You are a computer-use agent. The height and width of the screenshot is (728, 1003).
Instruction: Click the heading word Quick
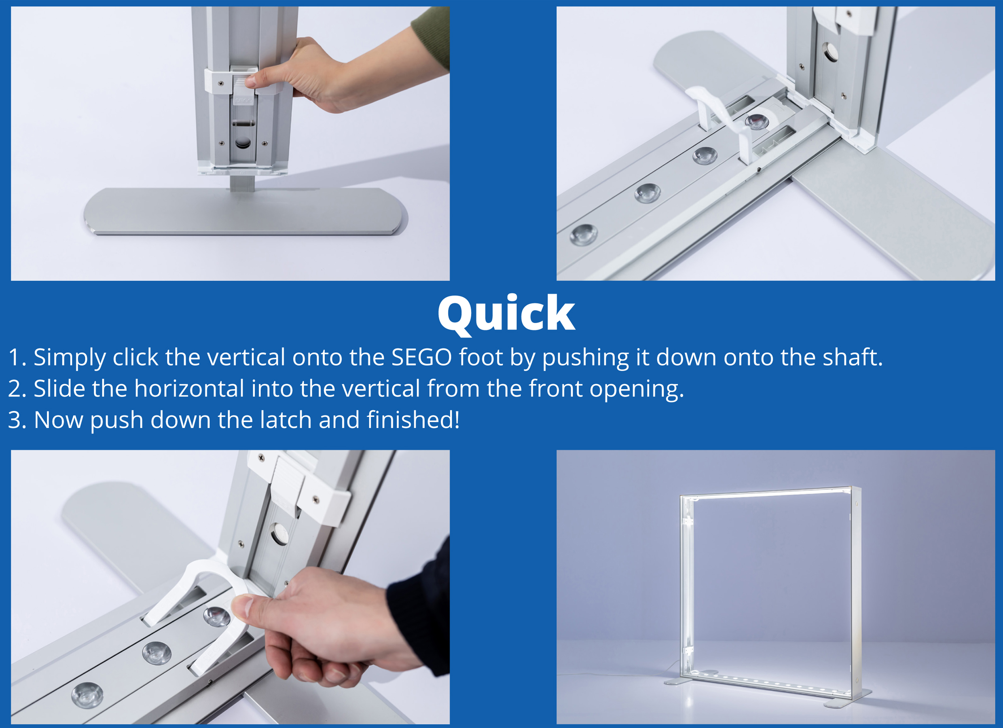click(x=506, y=314)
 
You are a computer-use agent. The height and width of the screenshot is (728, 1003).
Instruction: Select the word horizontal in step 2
click(x=189, y=388)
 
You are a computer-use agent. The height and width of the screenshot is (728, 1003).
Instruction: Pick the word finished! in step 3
click(x=413, y=419)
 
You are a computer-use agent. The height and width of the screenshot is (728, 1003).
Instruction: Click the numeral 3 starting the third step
click(x=15, y=420)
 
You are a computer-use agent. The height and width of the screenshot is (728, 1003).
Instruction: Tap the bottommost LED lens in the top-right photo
click(x=584, y=235)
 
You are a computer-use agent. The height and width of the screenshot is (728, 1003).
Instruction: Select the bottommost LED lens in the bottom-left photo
click(x=87, y=695)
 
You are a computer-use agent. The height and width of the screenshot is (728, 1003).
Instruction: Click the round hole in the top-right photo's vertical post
click(x=830, y=52)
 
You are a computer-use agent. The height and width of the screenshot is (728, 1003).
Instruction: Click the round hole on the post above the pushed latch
click(x=279, y=534)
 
